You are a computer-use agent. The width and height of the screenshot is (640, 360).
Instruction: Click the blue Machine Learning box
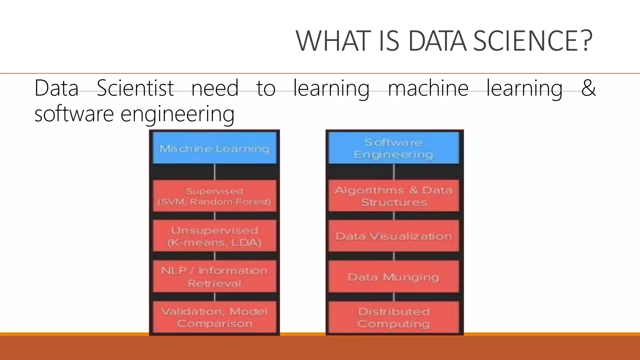click(214, 148)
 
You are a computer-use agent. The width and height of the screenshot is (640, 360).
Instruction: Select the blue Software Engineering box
click(394, 148)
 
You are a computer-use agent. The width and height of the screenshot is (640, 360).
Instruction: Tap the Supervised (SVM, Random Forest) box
click(214, 196)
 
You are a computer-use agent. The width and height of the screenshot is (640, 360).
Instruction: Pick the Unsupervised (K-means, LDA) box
click(214, 236)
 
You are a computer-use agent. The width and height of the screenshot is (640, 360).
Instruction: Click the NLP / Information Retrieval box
click(214, 277)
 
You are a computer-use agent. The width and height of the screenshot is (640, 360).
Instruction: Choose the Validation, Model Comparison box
click(214, 317)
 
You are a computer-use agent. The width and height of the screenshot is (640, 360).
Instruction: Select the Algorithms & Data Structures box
click(394, 196)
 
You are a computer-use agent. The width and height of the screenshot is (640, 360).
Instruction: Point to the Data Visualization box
click(394, 236)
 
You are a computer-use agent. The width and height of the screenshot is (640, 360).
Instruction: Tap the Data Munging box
click(394, 277)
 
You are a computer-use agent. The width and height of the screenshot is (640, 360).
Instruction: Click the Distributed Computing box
click(394, 317)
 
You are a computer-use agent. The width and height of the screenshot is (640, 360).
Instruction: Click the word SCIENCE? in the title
click(532, 41)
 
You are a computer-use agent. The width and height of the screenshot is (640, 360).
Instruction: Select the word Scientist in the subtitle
click(135, 88)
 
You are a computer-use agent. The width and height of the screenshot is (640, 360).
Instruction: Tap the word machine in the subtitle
click(428, 88)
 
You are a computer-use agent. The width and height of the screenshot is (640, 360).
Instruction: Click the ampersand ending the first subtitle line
click(588, 88)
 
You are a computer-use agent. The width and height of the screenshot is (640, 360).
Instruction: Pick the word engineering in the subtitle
click(177, 114)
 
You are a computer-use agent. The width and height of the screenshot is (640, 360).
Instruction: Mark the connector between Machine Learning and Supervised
click(215, 172)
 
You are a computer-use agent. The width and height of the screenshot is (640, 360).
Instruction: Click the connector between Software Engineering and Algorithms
click(394, 172)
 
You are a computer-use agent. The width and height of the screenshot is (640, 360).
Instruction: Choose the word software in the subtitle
click(74, 114)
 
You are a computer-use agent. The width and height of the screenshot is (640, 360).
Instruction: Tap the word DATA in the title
click(437, 41)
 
